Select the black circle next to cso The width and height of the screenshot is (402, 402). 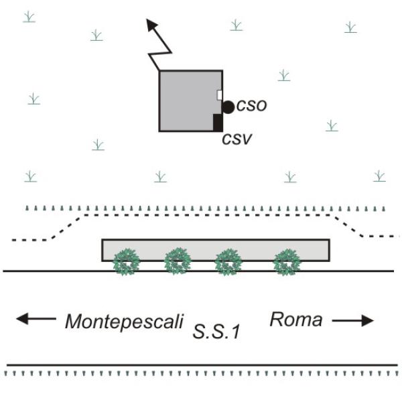tap(228, 107)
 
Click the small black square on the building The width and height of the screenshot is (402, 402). tap(218, 123)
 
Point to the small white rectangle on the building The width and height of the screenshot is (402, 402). tap(220, 95)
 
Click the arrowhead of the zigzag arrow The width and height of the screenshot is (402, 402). tap(153, 25)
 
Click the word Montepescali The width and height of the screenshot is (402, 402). tap(124, 322)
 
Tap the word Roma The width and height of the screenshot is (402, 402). tap(295, 320)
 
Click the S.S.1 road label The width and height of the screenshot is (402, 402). tap(216, 330)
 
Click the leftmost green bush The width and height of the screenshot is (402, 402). tap(125, 261)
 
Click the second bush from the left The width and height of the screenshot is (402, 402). tap(178, 261)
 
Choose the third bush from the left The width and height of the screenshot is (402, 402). tap(229, 261)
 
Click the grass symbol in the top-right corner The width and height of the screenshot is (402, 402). tap(350, 27)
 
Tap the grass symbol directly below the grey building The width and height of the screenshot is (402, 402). tap(160, 177)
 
